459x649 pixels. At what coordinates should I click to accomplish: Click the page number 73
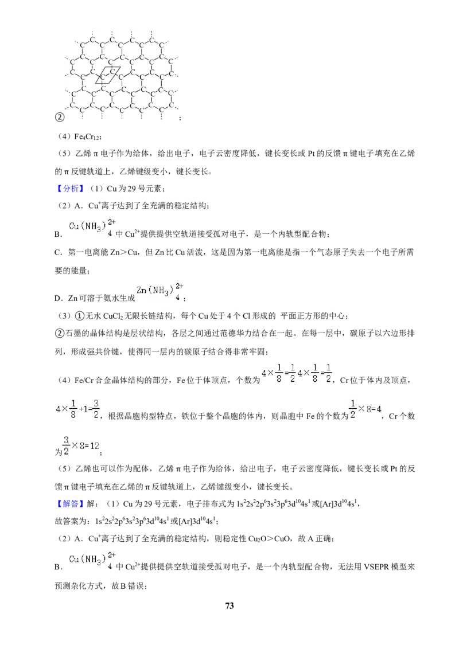[x=229, y=605]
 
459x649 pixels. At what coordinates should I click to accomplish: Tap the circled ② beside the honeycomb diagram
[x=60, y=117]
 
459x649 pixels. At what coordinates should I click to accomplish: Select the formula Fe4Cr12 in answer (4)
[x=87, y=136]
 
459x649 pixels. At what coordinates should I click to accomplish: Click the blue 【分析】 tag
[x=68, y=188]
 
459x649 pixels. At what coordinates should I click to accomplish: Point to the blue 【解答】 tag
[x=68, y=503]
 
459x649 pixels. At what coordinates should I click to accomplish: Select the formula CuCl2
[x=114, y=316]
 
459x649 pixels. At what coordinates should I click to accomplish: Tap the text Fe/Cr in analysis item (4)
[x=84, y=380]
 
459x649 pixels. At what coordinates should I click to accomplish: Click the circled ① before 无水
[x=79, y=316]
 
